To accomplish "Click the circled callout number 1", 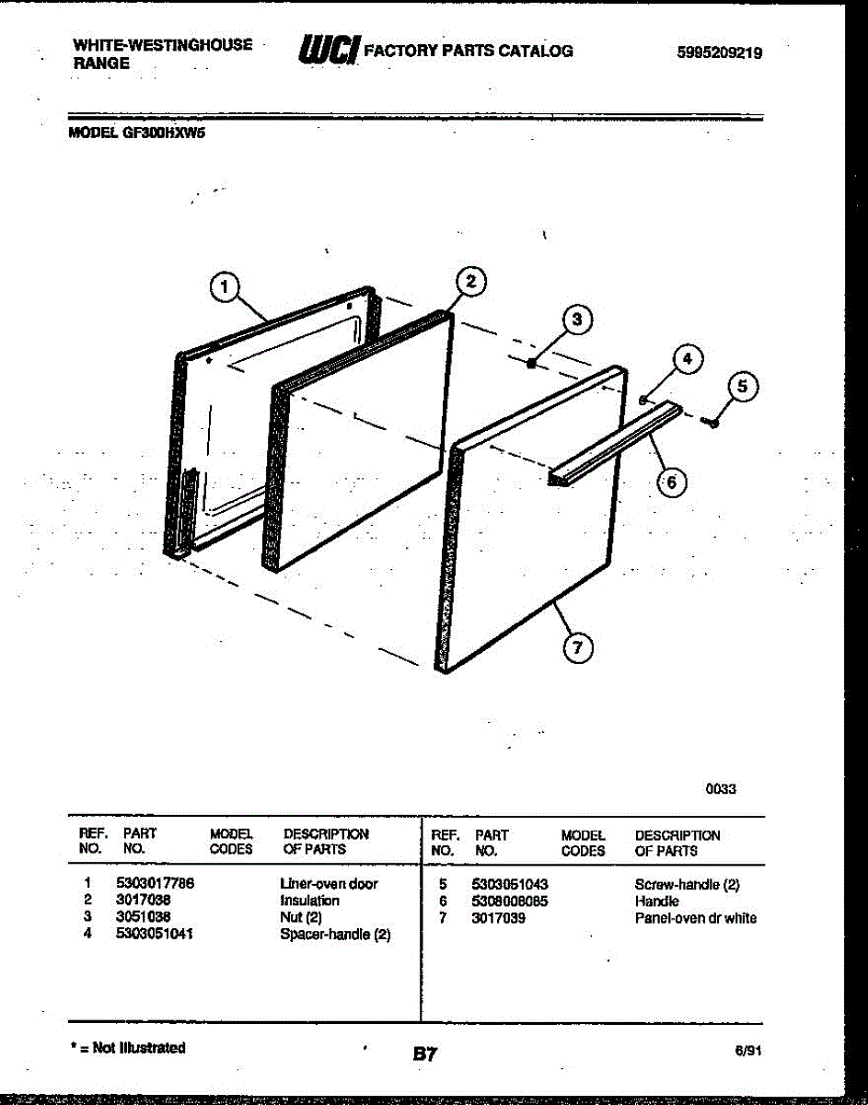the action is (223, 288).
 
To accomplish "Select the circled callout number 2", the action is (469, 282).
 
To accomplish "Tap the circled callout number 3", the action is (576, 320).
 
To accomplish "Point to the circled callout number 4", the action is (684, 359).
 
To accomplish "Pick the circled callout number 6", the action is (671, 482).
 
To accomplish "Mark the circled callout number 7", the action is (576, 648).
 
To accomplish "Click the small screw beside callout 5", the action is (710, 422).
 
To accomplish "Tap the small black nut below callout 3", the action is (531, 365).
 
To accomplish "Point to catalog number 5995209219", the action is (719, 53).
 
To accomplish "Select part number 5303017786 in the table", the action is (155, 883).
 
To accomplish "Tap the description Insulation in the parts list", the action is (309, 901).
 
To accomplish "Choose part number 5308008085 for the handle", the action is (511, 901).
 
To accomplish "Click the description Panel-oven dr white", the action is (695, 918).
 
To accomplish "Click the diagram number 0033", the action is (721, 788).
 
